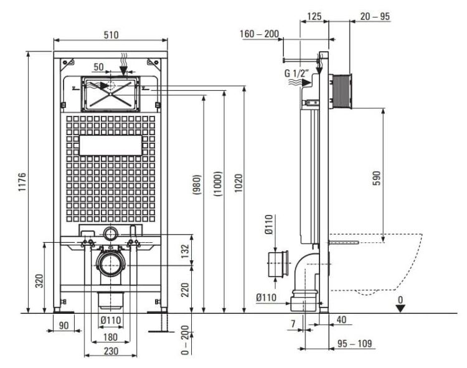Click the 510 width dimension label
(x=111, y=35)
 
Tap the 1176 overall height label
(x=22, y=182)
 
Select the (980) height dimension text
(x=197, y=184)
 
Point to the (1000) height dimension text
(x=218, y=184)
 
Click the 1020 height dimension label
(x=238, y=183)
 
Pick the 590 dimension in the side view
(x=377, y=178)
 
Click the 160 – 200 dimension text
(x=259, y=34)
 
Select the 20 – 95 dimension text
(x=375, y=16)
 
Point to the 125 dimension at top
(x=314, y=16)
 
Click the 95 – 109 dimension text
(x=354, y=344)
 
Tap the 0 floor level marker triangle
(x=400, y=308)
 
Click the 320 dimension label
(x=39, y=281)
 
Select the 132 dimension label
(x=185, y=251)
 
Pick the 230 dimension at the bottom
(x=111, y=351)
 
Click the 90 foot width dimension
(x=64, y=326)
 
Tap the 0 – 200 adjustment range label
(x=185, y=340)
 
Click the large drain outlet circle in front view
(x=110, y=265)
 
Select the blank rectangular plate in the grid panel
(x=111, y=146)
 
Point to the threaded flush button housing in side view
(x=341, y=91)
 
